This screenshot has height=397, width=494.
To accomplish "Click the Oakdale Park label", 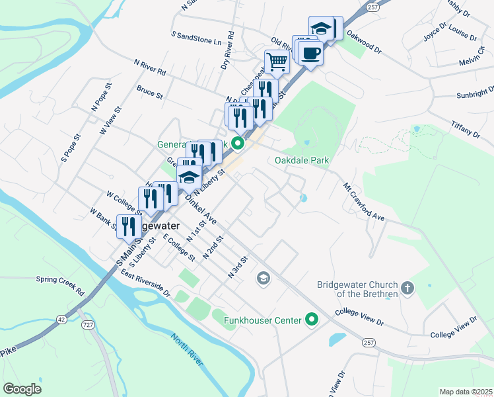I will (x=302, y=160).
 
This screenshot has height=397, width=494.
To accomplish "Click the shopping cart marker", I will (x=277, y=62).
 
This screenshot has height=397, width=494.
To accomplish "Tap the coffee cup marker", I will (x=310, y=52).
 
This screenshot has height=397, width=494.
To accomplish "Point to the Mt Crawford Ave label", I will (x=363, y=202).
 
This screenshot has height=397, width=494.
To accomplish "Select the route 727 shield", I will (x=88, y=324).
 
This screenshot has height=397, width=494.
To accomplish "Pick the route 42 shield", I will (x=61, y=319).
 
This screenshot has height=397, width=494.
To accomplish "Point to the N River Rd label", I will (x=150, y=67).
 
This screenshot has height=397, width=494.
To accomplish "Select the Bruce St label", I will (x=149, y=91).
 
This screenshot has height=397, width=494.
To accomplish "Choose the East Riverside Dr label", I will (x=145, y=284).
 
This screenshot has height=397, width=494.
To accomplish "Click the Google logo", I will (x=22, y=388).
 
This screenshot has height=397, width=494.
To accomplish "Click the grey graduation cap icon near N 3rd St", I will (x=264, y=277).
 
